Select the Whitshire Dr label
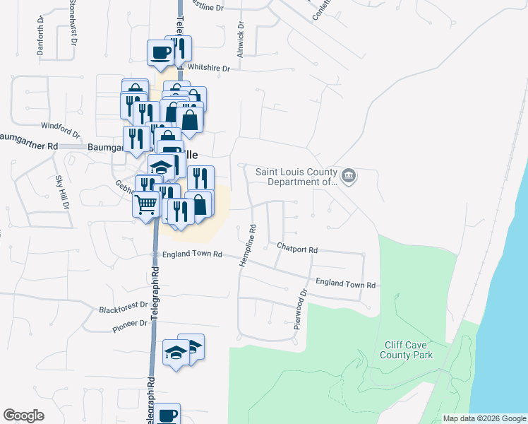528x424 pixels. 211,69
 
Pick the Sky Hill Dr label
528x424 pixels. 64,193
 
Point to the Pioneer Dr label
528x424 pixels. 129,324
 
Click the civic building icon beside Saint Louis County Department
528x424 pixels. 347,176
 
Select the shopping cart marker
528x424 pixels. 145,204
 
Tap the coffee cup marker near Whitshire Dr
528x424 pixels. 161,52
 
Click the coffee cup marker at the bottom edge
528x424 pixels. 167,415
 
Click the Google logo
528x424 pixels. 23,416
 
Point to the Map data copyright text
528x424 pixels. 484,418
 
